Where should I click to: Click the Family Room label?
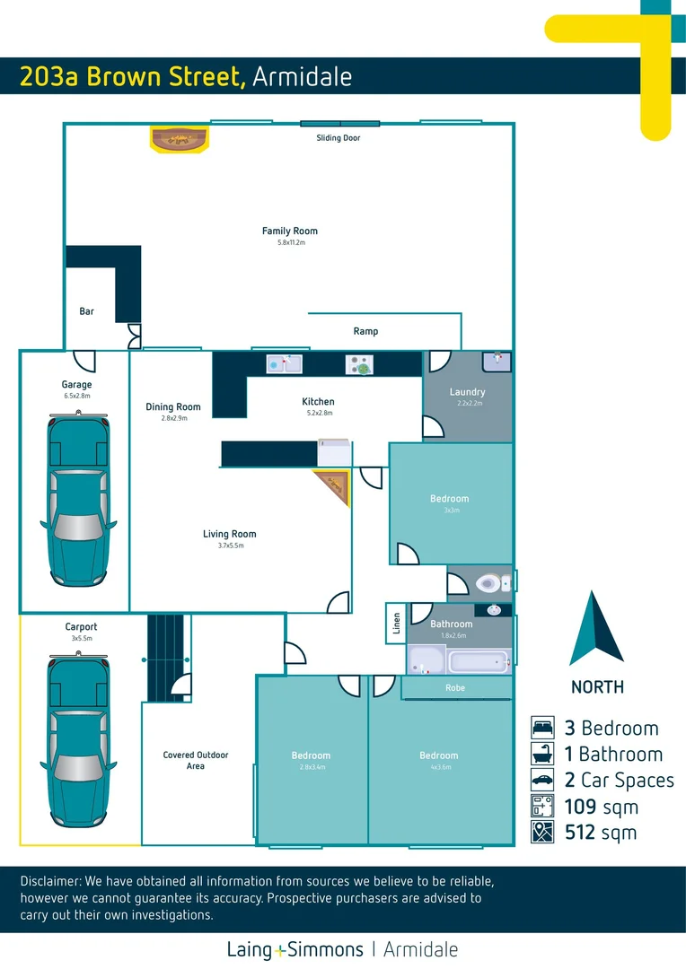point(289,231)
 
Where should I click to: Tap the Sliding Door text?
point(339,138)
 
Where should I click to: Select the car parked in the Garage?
point(77,484)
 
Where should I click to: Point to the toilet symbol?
point(489,583)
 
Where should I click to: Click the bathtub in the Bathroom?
point(479,663)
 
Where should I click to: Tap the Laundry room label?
point(467,392)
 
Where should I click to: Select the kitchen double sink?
point(285,364)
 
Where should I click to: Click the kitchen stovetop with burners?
point(361,365)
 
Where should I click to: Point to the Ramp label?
point(365,331)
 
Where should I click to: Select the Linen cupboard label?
point(396,623)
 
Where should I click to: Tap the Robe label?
point(455,688)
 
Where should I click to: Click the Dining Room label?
point(173,407)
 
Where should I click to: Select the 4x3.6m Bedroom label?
point(439,755)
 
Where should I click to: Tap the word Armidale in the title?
point(302,77)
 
